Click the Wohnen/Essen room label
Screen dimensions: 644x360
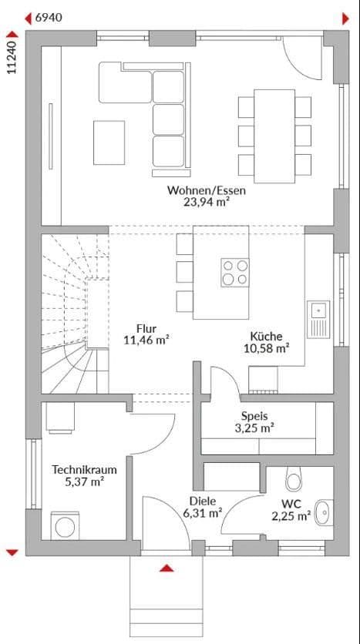point(196,190)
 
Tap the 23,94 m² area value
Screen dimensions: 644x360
point(196,203)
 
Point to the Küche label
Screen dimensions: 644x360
point(265,336)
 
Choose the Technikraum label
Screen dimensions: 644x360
point(78,468)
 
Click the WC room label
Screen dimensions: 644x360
point(291,505)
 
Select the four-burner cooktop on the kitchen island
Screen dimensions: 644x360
point(235,272)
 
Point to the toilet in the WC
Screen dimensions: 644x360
point(294,479)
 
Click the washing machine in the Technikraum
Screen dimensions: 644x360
point(64,526)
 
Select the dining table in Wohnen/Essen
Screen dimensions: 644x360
point(274,136)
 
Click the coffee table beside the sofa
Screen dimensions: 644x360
point(109,142)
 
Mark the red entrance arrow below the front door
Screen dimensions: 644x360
point(166,569)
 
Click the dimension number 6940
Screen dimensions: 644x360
point(49,17)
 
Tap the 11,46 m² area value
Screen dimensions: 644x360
point(146,340)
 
